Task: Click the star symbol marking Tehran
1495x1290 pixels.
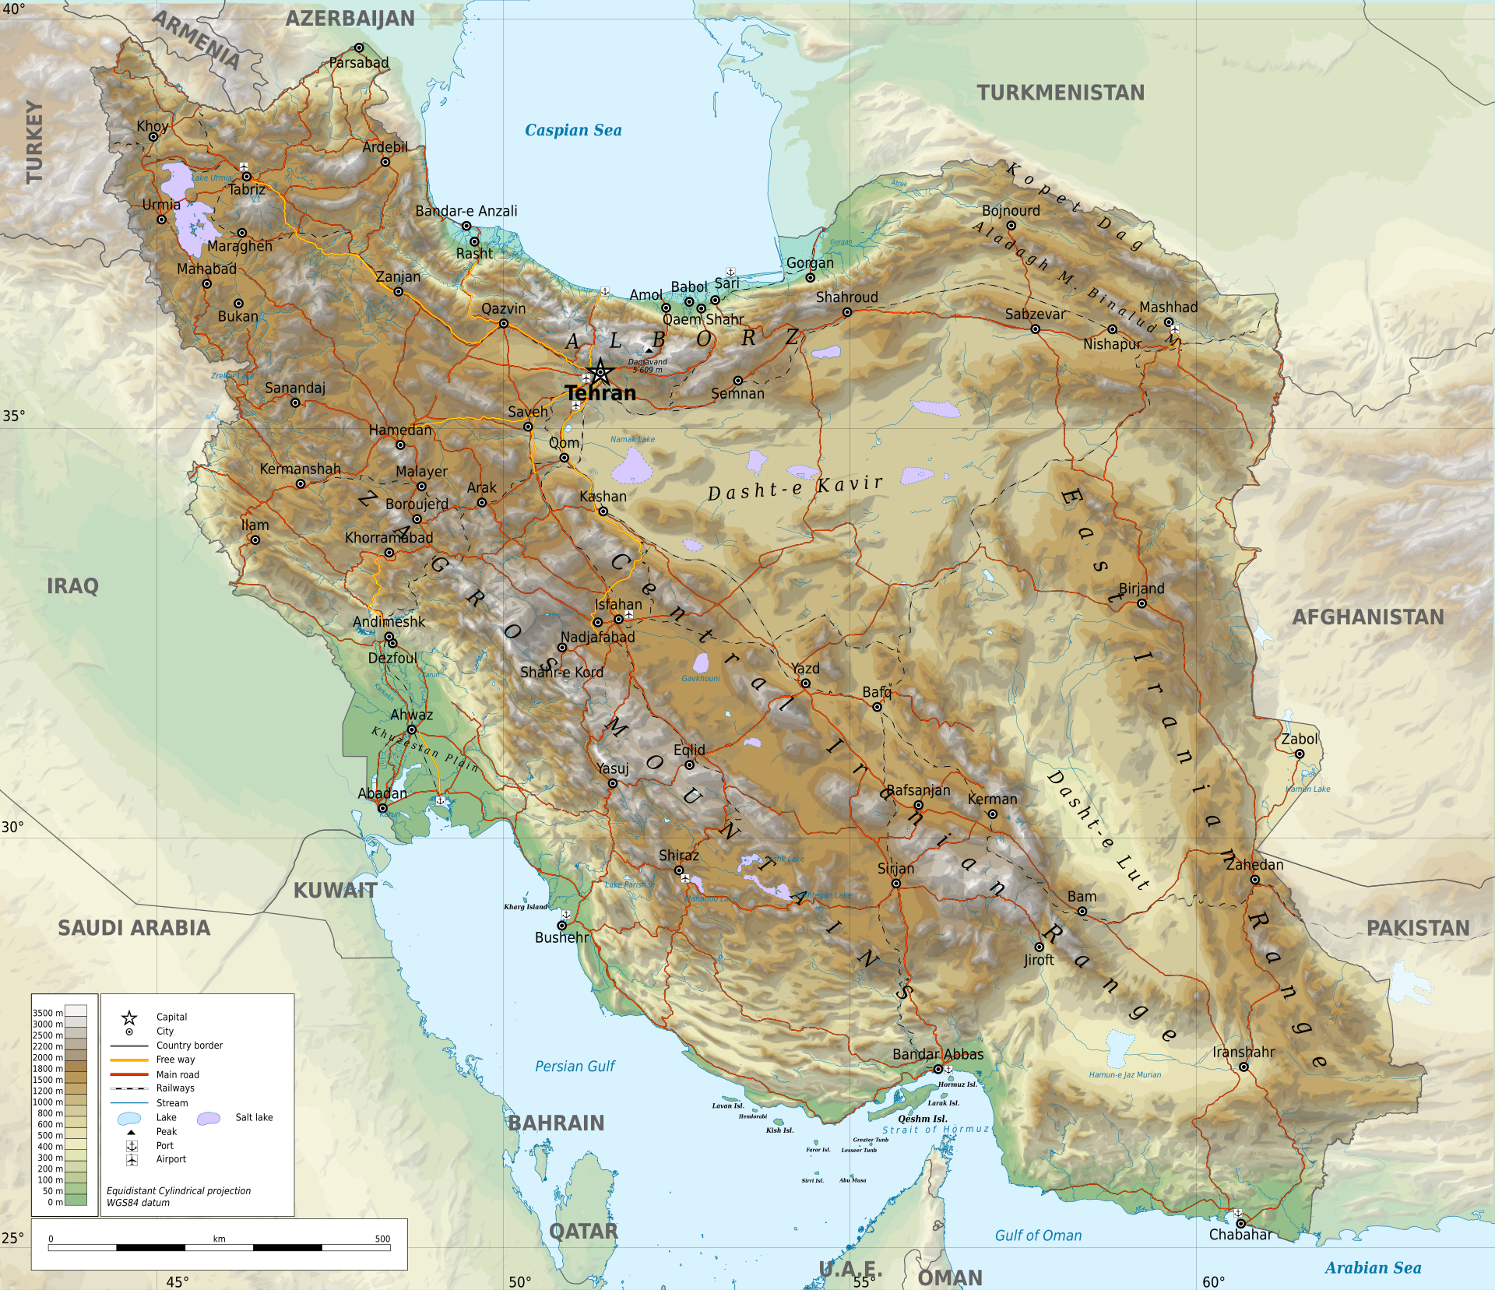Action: click(x=600, y=371)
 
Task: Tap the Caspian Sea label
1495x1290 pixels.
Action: click(x=573, y=130)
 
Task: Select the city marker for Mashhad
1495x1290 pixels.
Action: click(x=1169, y=322)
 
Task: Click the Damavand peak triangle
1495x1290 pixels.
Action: click(x=649, y=350)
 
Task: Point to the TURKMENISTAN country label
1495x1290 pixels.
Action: click(x=1061, y=93)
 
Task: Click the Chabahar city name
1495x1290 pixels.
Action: click(x=1240, y=1235)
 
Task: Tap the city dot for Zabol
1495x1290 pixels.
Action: click(x=1300, y=754)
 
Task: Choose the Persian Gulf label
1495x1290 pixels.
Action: click(x=575, y=1067)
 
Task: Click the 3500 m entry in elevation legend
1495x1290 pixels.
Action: click(x=47, y=1013)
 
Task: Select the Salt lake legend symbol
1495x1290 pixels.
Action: click(x=209, y=1118)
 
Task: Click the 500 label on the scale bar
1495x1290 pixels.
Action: click(x=382, y=1239)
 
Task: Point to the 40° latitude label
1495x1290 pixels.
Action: click(x=13, y=9)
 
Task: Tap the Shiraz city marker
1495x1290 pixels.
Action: click(x=679, y=870)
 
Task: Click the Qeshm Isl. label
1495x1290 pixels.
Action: click(x=922, y=1119)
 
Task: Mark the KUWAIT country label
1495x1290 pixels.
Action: click(x=335, y=891)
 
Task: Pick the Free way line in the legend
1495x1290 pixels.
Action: click(x=129, y=1060)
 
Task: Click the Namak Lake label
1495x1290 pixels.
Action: click(x=632, y=439)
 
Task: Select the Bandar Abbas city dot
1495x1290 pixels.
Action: click(x=938, y=1070)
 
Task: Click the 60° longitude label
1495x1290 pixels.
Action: click(x=1213, y=1281)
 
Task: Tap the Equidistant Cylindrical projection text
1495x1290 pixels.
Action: click(x=178, y=1191)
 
